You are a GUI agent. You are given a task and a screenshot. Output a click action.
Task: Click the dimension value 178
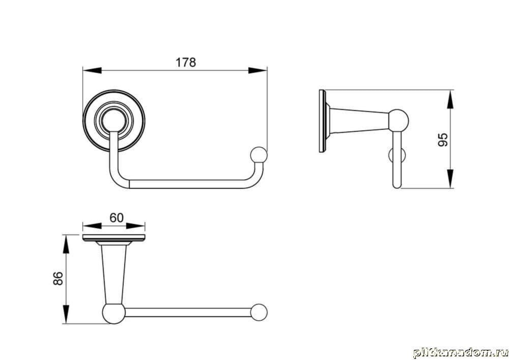[186, 62]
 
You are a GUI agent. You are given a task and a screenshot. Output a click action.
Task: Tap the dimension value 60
[117, 217]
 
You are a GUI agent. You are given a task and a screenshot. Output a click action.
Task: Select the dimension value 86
[59, 279]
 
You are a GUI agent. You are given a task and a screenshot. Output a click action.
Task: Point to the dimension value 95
[443, 140]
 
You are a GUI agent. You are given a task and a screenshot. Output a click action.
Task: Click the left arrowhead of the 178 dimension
[92, 70]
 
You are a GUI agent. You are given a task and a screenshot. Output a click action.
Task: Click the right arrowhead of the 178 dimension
[258, 70]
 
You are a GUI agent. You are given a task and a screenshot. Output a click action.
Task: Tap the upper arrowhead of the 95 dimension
[450, 100]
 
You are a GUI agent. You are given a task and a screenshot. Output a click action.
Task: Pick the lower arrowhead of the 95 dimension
[450, 178]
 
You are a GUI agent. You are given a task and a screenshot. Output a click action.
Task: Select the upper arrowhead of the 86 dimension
[66, 244]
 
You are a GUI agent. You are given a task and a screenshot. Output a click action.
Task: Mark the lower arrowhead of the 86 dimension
[66, 314]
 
